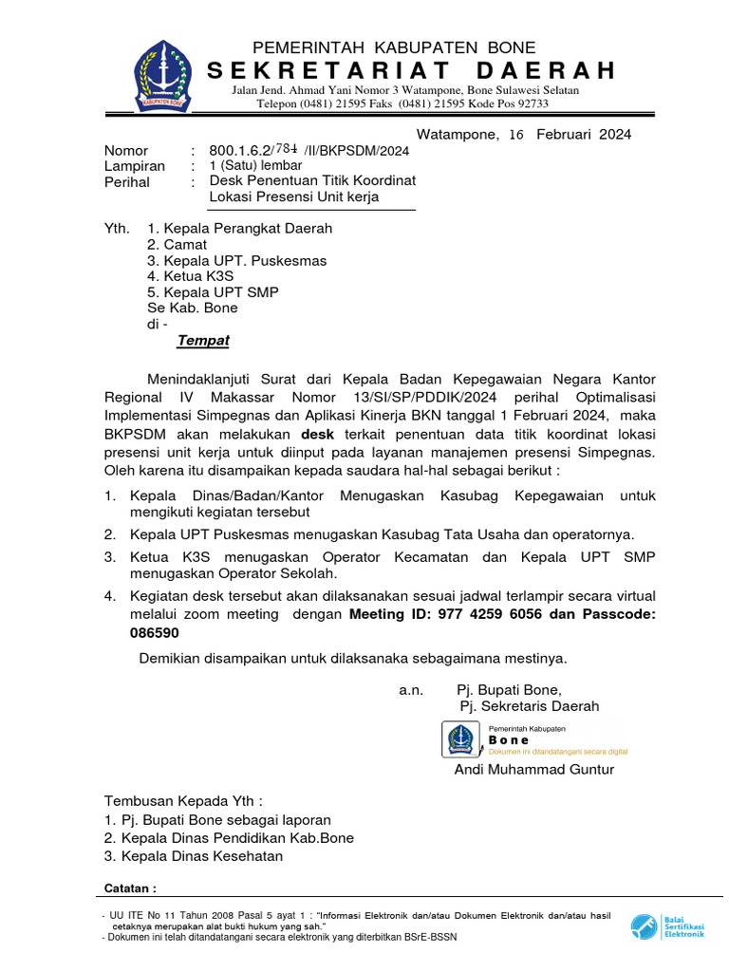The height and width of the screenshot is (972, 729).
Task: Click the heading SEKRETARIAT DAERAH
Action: point(410,71)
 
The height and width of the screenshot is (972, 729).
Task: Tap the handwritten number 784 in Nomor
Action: point(286,149)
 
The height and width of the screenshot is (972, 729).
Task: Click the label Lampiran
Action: point(134,166)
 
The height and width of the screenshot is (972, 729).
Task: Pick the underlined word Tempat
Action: point(203,341)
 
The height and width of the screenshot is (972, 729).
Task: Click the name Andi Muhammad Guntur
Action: point(533,769)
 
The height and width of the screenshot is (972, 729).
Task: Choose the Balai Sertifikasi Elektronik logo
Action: point(645,925)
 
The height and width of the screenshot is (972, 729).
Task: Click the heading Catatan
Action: point(128,888)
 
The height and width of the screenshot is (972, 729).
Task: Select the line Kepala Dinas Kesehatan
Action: point(194,856)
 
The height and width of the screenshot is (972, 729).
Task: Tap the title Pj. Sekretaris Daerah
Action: point(529,706)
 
